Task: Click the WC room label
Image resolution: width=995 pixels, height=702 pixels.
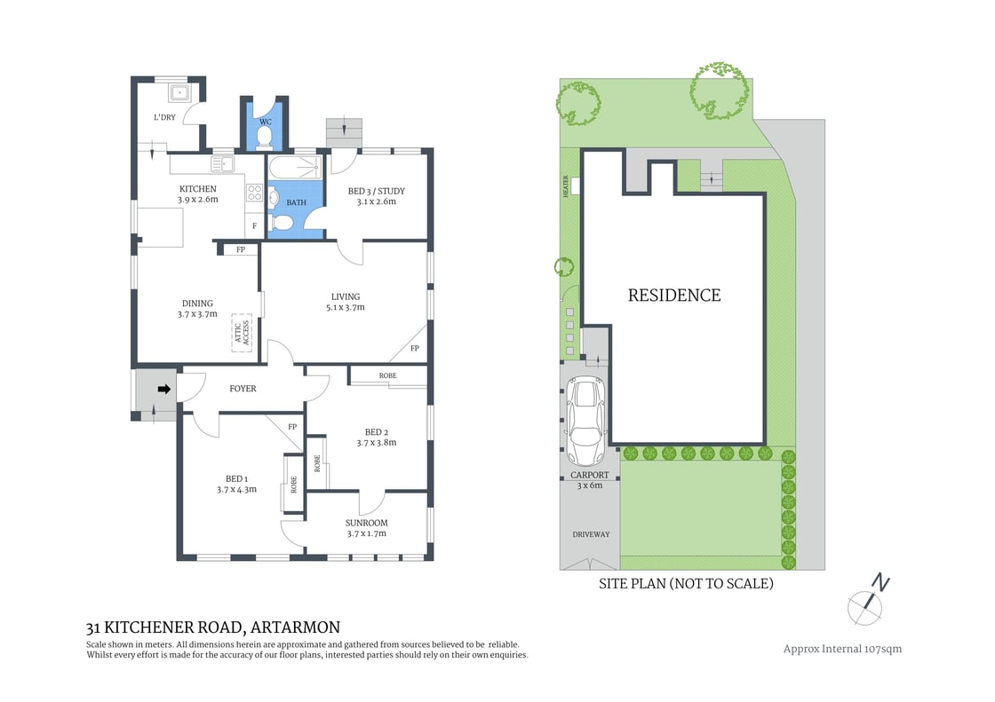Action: coord(264,121)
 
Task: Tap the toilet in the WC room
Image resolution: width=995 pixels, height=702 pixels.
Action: coord(264,137)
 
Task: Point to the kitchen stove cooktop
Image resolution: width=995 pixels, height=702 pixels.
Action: coord(254,194)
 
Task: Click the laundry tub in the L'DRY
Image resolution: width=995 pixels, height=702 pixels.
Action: coord(181,91)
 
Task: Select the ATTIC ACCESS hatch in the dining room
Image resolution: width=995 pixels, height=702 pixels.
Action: coord(243,332)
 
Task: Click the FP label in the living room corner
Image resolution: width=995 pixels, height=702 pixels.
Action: coord(414,349)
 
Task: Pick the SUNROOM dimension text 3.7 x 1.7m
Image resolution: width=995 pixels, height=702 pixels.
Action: coord(366,534)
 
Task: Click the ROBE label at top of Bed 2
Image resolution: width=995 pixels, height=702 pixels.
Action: coord(387,376)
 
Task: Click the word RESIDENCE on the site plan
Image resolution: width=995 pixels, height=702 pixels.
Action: coord(673,296)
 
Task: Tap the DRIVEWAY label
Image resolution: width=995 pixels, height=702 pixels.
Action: coord(590,534)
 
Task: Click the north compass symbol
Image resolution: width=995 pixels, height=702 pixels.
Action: coord(869,601)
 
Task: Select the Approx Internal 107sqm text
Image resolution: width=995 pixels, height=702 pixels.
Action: coord(842,649)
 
